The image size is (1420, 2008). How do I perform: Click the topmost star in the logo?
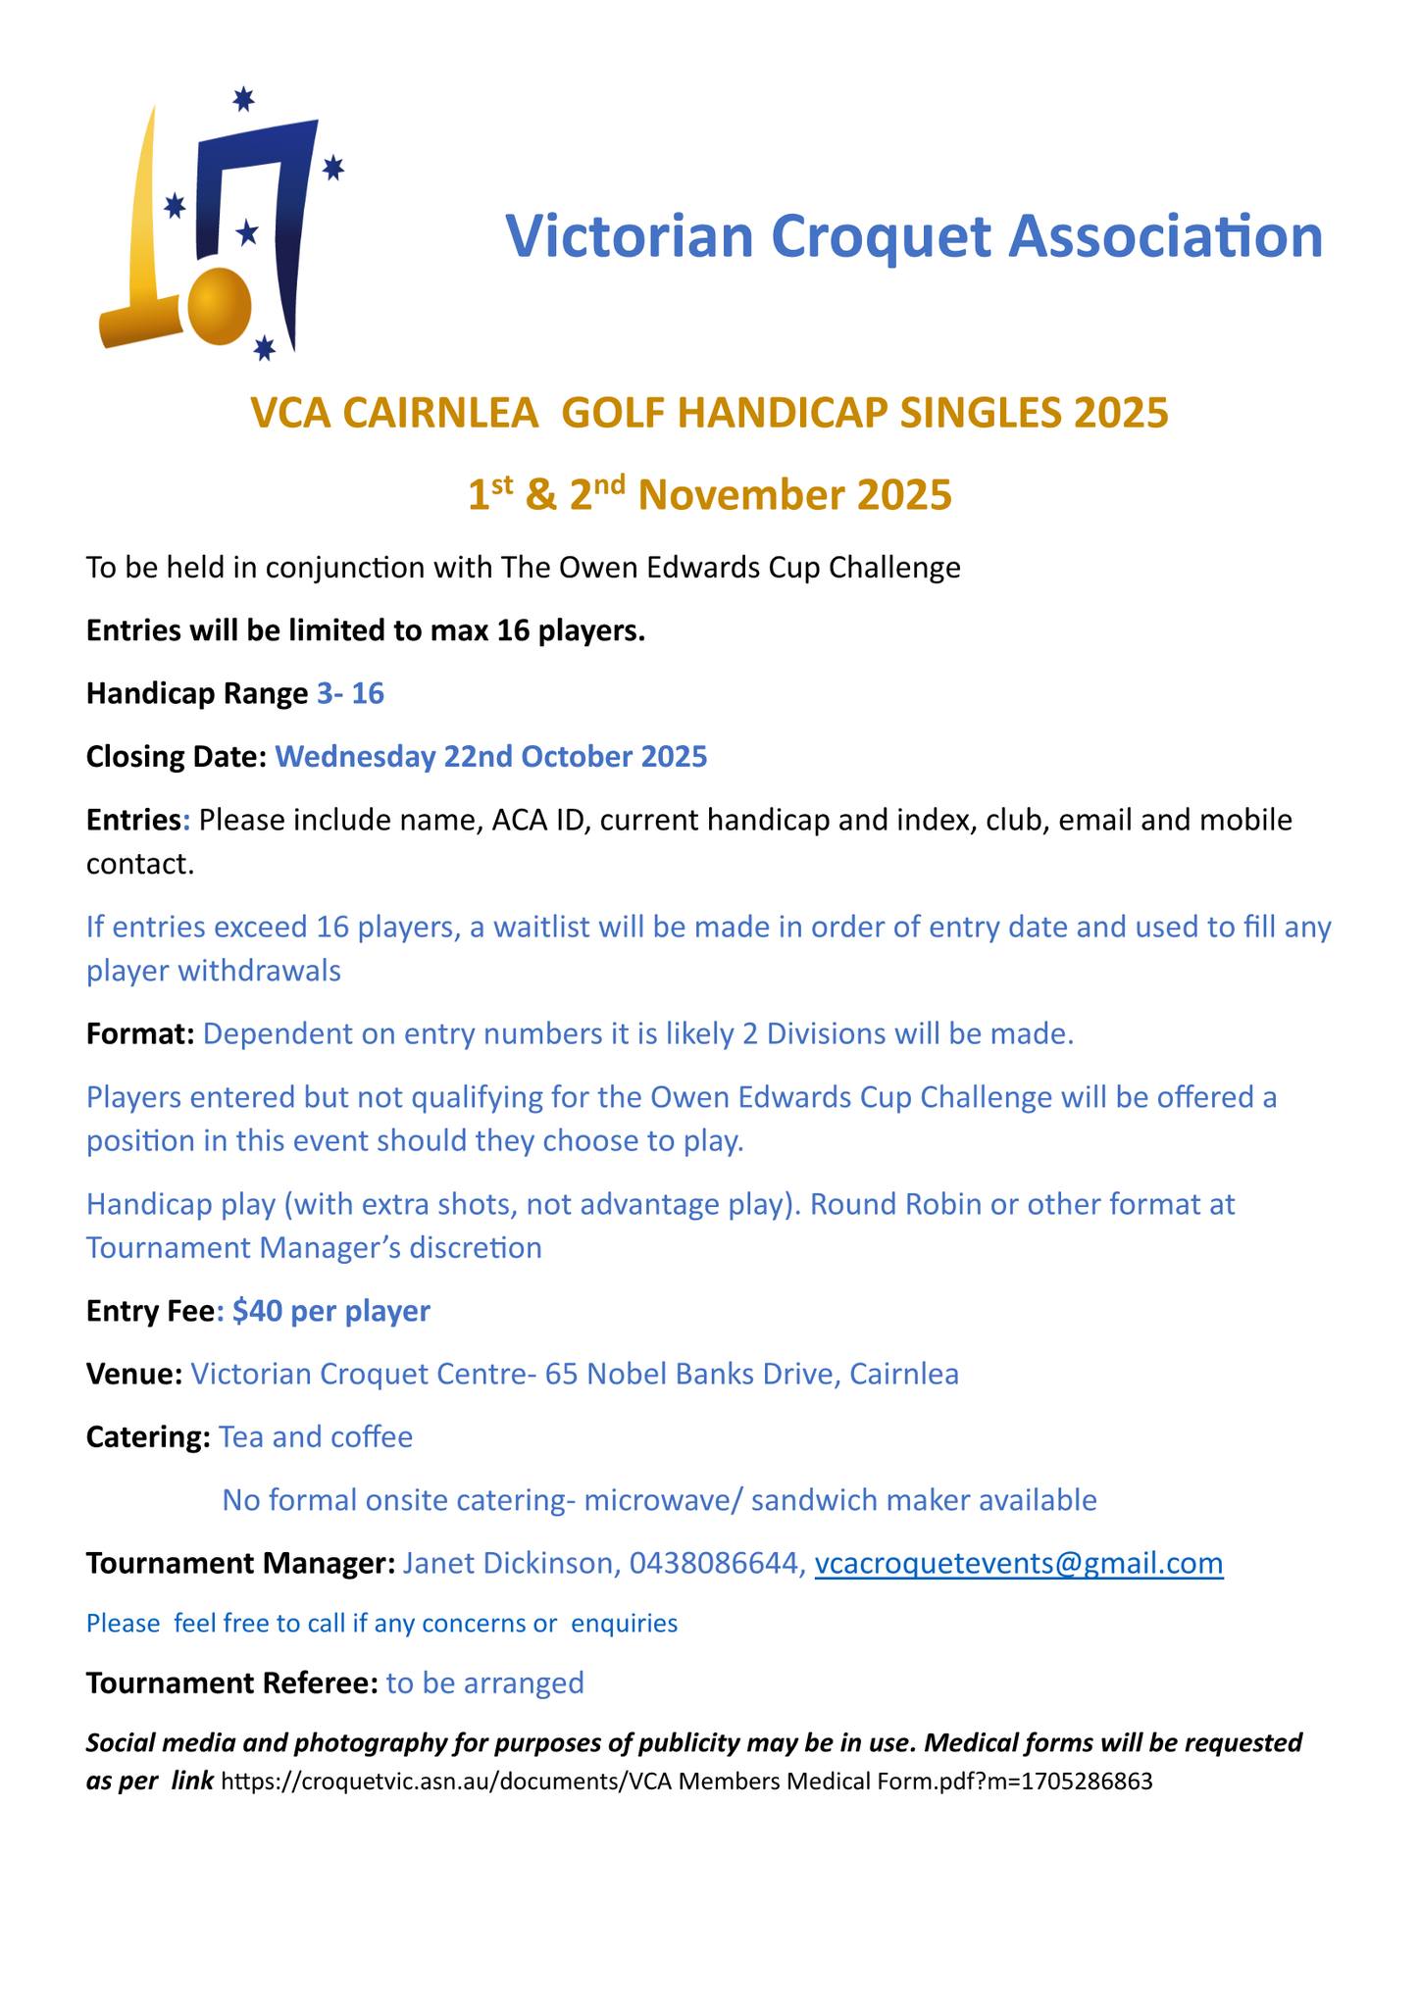coord(244,99)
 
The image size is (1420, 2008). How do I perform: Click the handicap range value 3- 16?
coord(350,694)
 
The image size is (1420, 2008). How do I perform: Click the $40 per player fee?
coord(331,1311)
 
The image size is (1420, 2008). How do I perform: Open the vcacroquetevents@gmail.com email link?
coord(1019,1563)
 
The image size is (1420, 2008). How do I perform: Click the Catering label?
coord(148,1436)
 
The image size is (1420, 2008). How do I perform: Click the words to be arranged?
coord(485,1682)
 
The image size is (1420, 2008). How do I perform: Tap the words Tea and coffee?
coord(316,1436)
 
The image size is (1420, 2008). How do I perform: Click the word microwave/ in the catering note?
coord(651,1499)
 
